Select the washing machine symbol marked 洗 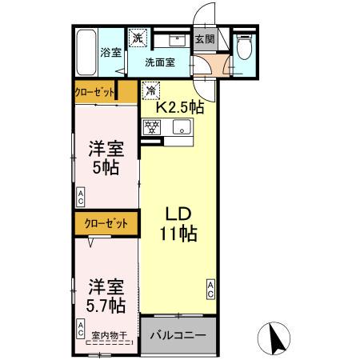pyautogui.click(x=138, y=38)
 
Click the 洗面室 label pyautogui.click(x=160, y=62)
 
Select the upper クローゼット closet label pyautogui.click(x=94, y=92)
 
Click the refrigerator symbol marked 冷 pyautogui.click(x=150, y=90)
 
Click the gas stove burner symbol pyautogui.click(x=152, y=126)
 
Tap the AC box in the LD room pyautogui.click(x=211, y=289)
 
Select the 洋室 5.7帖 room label pyautogui.click(x=104, y=294)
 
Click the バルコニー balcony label pyautogui.click(x=178, y=335)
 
